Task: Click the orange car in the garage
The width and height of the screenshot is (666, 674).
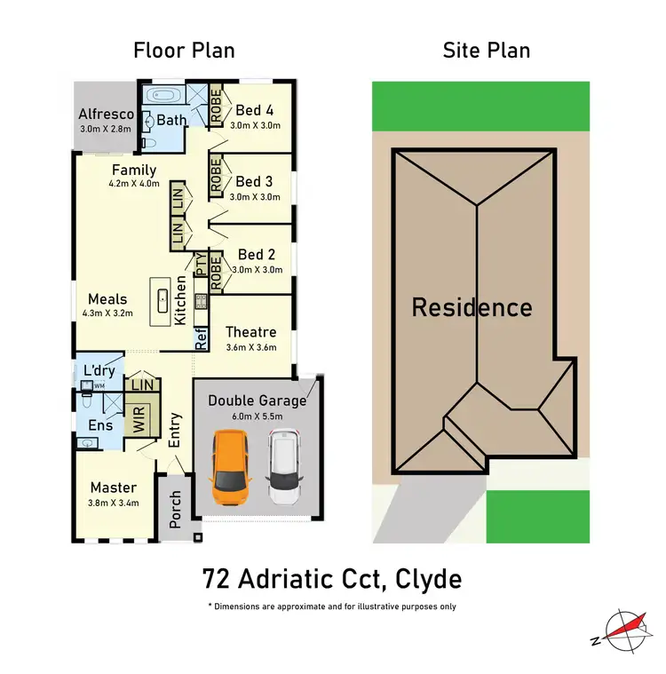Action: pyautogui.click(x=231, y=465)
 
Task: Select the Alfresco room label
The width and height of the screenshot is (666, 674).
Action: pyautogui.click(x=106, y=114)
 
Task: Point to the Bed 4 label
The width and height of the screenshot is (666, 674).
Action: pyautogui.click(x=254, y=110)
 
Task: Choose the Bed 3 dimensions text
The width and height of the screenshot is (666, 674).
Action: pyautogui.click(x=255, y=197)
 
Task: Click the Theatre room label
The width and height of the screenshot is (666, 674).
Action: pyautogui.click(x=252, y=332)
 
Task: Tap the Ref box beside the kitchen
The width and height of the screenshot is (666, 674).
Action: pyautogui.click(x=202, y=336)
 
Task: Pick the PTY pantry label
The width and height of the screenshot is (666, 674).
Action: pyautogui.click(x=201, y=264)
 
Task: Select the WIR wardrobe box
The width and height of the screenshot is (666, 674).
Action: pyautogui.click(x=138, y=419)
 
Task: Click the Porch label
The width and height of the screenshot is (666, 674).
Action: pyautogui.click(x=175, y=509)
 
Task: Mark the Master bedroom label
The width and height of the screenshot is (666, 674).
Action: pyautogui.click(x=114, y=488)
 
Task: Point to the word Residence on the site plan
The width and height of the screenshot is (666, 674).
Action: pyautogui.click(x=472, y=308)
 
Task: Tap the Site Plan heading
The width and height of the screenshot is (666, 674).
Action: pyautogui.click(x=486, y=50)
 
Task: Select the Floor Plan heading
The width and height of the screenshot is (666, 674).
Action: pyautogui.click(x=184, y=50)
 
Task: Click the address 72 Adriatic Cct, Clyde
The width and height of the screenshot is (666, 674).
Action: pyautogui.click(x=331, y=580)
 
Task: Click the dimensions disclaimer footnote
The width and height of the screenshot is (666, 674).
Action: pyautogui.click(x=332, y=607)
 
